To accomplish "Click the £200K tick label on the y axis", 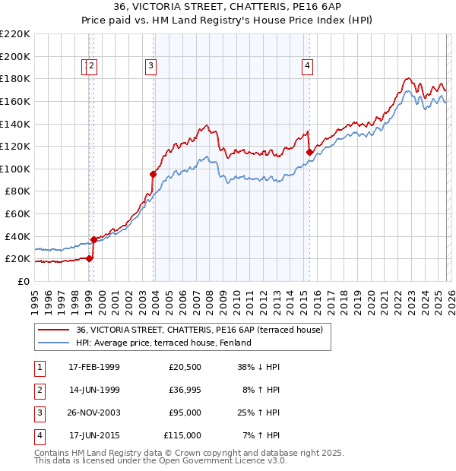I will [x=15, y=56].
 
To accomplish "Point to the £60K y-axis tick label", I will [x=17, y=213].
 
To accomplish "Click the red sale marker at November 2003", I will [x=153, y=174].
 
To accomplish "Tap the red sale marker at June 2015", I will [x=309, y=152].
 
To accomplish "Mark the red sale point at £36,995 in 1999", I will [x=93, y=239].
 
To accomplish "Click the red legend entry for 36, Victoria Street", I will [x=200, y=330].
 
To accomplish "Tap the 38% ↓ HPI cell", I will [x=258, y=367].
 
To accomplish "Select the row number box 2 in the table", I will [x=37, y=390].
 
